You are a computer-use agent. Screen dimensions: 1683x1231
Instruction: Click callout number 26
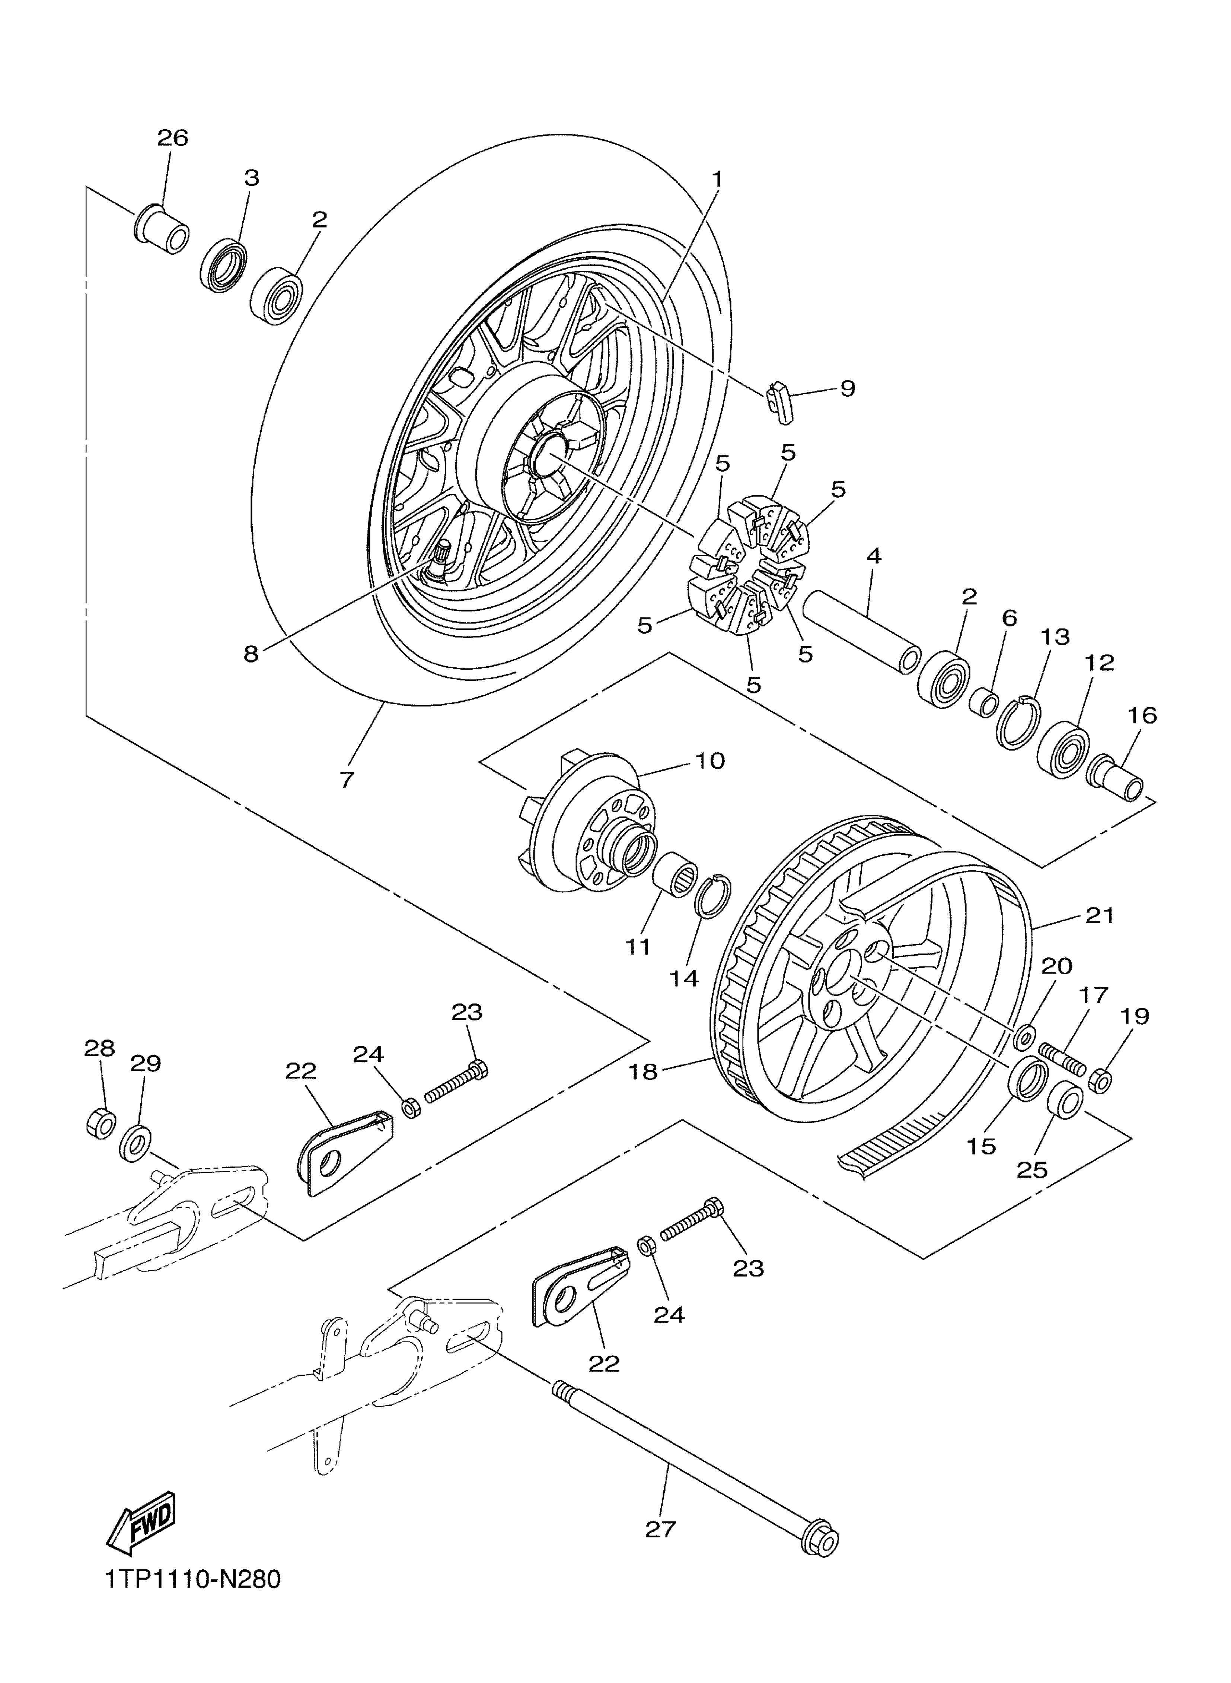coord(172,138)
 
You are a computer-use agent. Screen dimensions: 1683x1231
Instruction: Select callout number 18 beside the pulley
coord(643,1072)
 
